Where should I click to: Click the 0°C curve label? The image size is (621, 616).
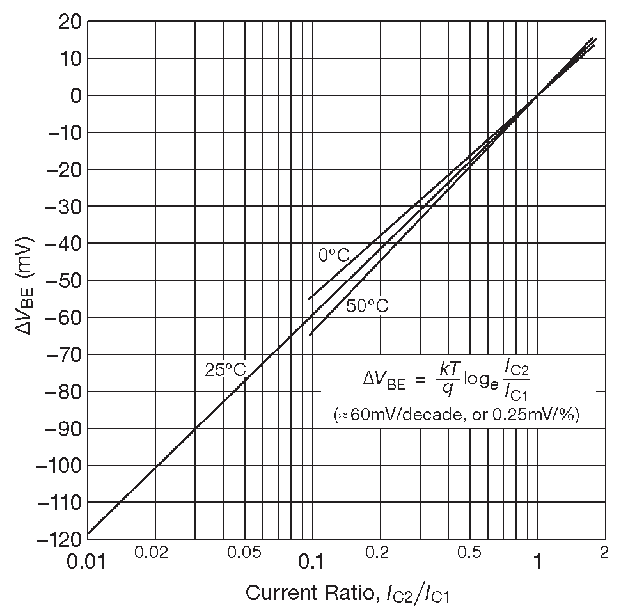334,255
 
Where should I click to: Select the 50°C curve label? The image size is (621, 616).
367,306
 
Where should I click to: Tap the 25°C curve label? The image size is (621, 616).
225,369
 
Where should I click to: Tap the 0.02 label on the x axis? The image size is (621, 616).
151,553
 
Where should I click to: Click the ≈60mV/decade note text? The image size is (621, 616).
457,415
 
